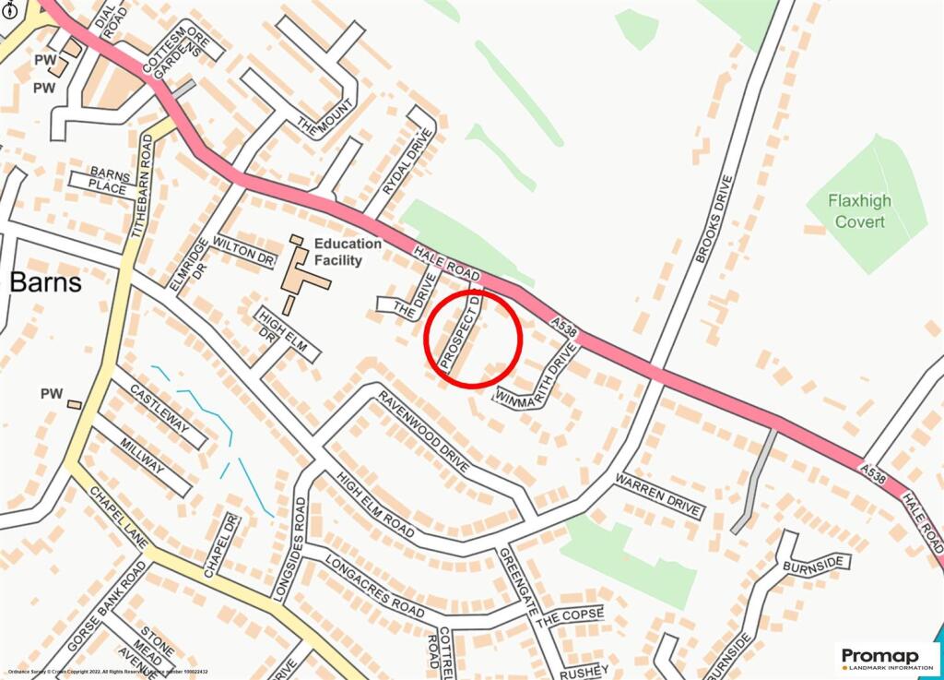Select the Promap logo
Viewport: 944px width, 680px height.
coord(886,659)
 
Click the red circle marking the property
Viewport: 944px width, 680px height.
coord(473,338)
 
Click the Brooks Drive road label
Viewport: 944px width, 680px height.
coord(714,219)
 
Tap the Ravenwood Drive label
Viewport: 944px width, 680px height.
coord(422,435)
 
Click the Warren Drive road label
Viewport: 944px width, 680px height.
coord(659,496)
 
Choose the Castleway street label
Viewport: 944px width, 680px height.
coord(159,409)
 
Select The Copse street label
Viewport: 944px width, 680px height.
coord(570,615)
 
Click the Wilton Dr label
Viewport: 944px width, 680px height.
coord(243,250)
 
